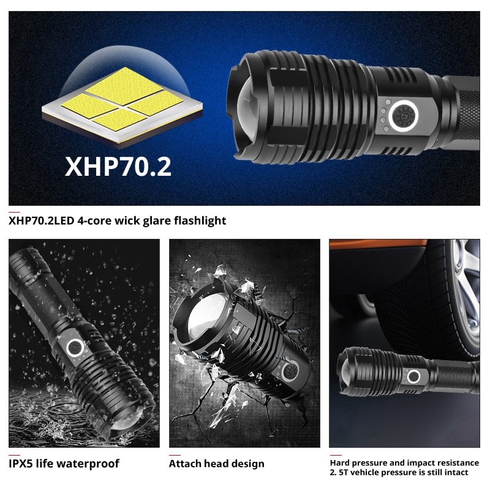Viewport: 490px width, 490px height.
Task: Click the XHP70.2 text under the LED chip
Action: point(118,167)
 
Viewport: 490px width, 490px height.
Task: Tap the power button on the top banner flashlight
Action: point(404,116)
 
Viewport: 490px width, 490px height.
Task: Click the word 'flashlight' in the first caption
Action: point(200,221)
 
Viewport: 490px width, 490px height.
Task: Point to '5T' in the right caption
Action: point(344,472)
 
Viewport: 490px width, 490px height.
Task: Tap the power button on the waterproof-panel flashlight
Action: point(75,347)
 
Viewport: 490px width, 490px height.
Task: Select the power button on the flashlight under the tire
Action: point(413,376)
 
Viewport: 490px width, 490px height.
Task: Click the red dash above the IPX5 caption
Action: point(14,455)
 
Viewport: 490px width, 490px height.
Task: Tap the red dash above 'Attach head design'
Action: point(175,455)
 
